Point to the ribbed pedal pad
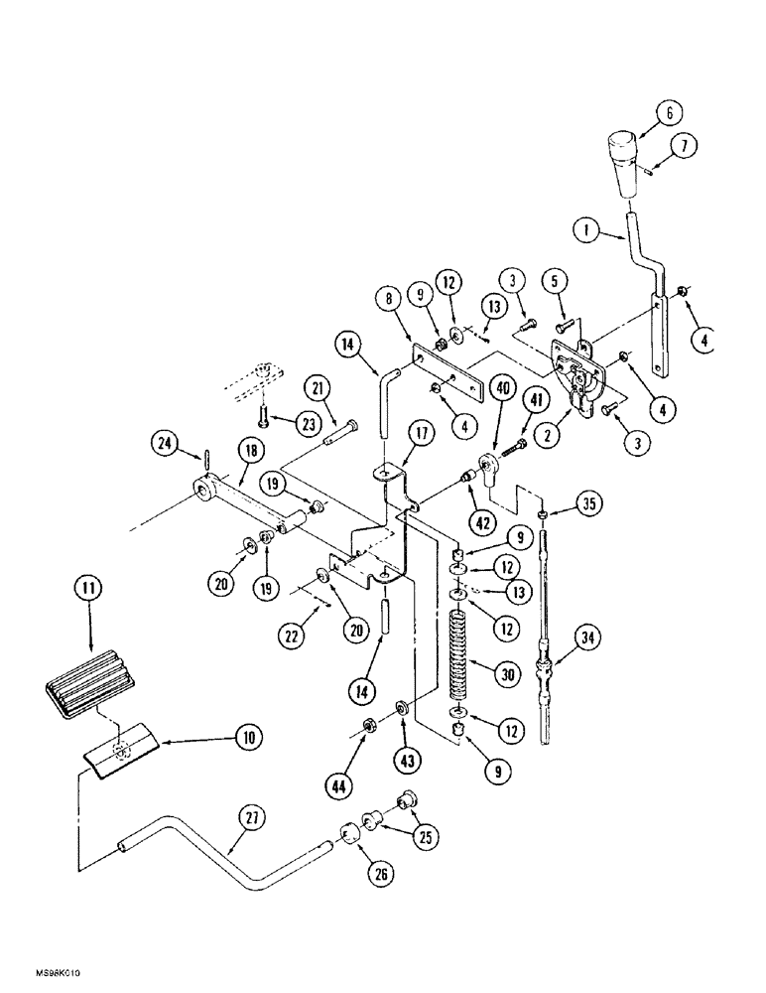click(89, 681)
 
